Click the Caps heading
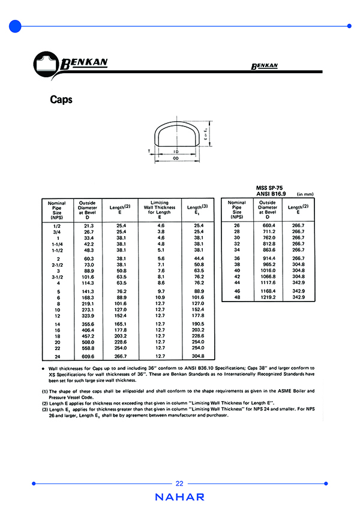tap(61, 100)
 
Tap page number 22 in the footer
tap(180, 484)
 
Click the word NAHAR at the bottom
tap(180, 497)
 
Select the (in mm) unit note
tap(305, 194)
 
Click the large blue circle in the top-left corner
tap(16, 26)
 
